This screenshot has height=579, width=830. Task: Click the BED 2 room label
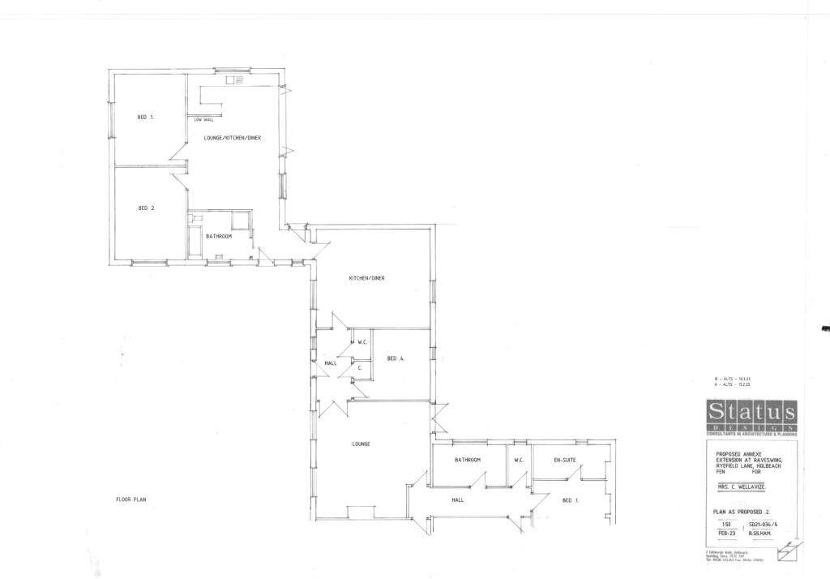tap(146, 208)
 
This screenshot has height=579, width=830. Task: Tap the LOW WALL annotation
tap(203, 119)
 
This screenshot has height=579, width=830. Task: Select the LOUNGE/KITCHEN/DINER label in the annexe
tap(232, 138)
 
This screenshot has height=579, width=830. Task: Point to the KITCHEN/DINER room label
tap(366, 278)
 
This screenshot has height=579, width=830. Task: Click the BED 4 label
tap(396, 358)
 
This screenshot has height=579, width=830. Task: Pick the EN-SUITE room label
tap(565, 460)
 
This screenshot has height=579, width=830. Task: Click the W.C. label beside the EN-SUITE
tap(519, 460)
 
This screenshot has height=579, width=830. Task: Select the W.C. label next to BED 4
tap(363, 342)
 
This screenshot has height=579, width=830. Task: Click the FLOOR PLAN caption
tap(130, 500)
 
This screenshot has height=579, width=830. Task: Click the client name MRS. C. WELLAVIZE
tap(734, 487)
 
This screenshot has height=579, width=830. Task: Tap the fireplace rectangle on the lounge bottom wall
tap(360, 512)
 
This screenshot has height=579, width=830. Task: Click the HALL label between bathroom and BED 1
tap(457, 500)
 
